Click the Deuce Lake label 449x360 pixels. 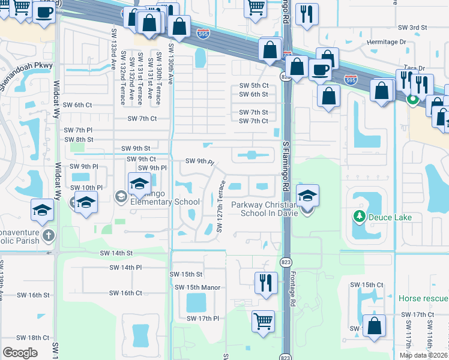click(390, 217)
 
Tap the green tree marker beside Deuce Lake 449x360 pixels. click(360, 217)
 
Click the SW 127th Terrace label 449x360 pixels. click(220, 206)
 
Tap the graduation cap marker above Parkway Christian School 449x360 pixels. click(307, 196)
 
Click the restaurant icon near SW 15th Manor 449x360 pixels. click(265, 283)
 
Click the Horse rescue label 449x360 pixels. click(423, 298)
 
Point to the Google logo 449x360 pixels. click(20, 353)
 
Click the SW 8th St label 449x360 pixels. click(79, 139)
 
